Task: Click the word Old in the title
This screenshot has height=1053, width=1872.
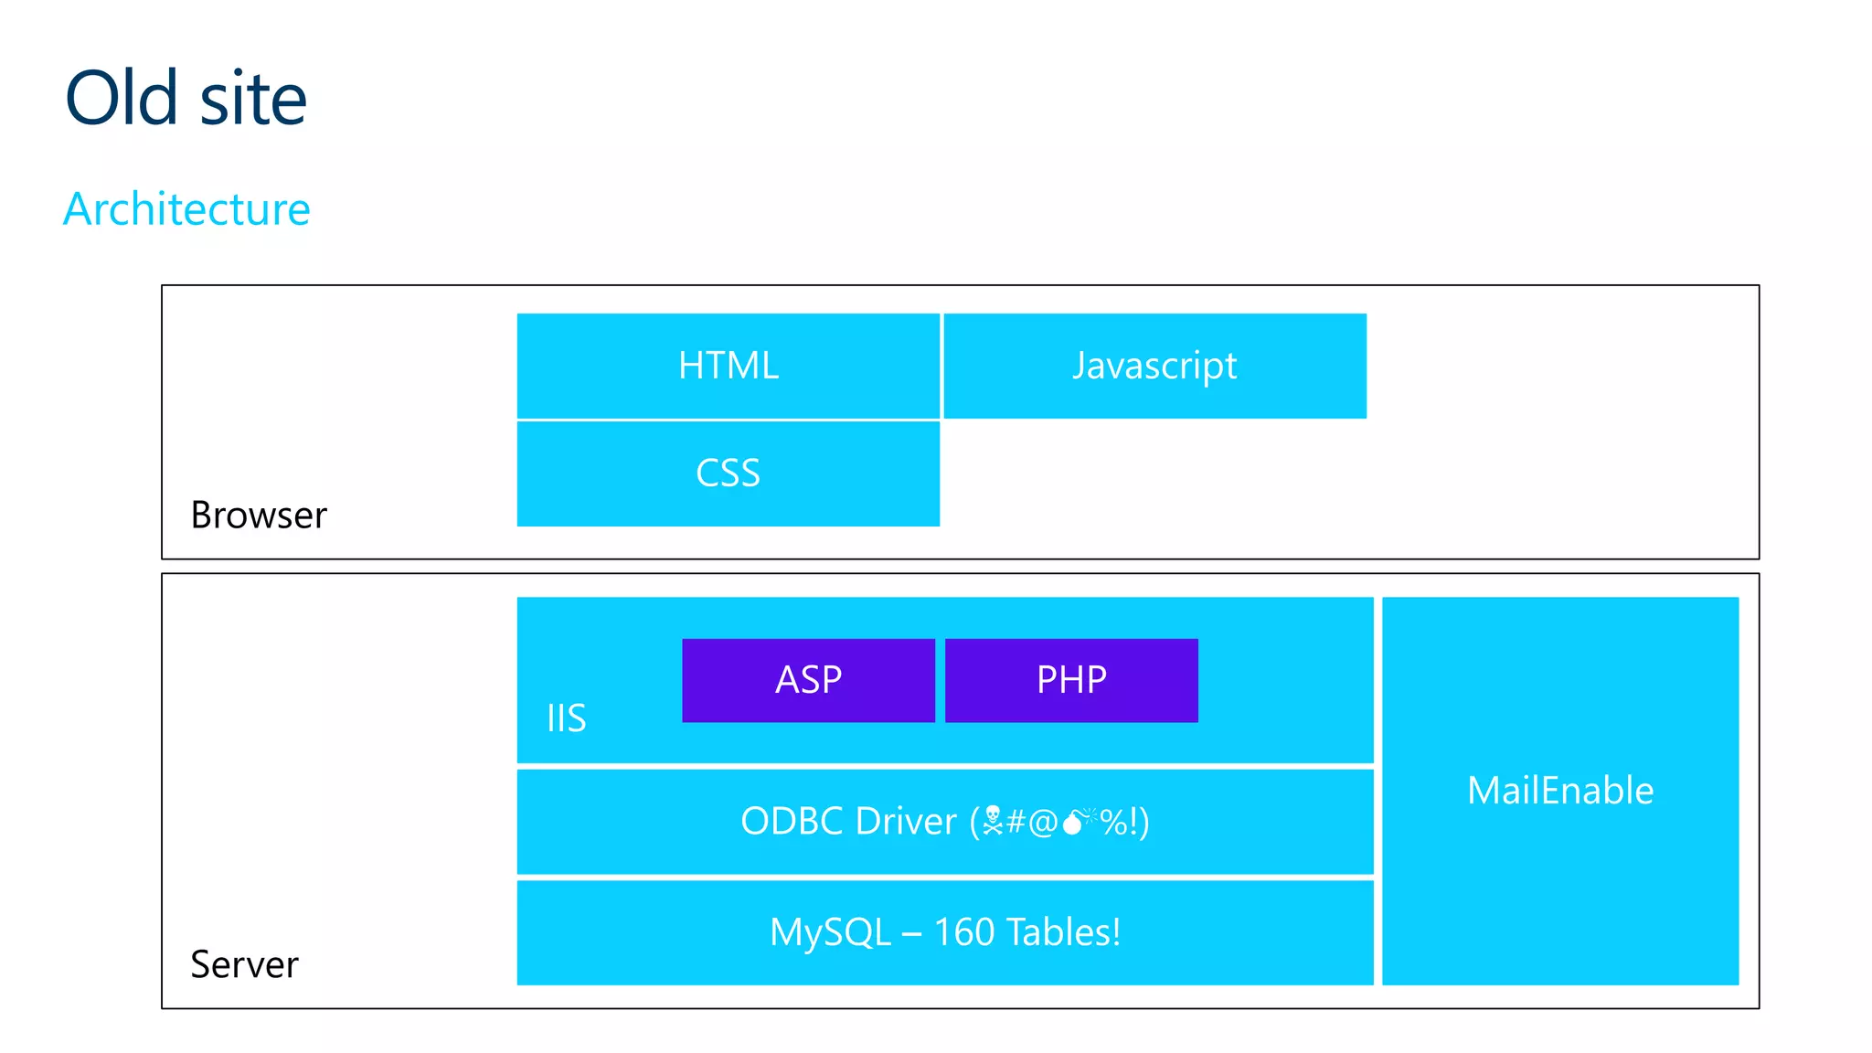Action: point(122,98)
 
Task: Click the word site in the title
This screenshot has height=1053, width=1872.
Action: point(253,100)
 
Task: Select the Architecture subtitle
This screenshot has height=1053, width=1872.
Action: point(186,209)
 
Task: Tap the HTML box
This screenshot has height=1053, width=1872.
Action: point(729,366)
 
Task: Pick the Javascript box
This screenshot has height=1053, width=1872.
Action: point(1154,366)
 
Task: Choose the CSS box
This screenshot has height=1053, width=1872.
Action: point(729,473)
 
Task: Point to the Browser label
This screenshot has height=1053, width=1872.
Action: point(259,516)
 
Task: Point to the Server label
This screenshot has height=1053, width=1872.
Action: point(244,965)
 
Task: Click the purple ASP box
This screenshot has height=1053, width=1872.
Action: point(808,680)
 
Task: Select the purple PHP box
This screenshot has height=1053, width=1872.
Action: point(1071,680)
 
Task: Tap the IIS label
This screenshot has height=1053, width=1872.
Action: point(566,718)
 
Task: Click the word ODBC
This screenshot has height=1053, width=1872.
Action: point(792,822)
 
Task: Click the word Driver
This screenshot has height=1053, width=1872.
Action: point(906,822)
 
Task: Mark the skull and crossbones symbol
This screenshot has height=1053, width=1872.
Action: point(993,822)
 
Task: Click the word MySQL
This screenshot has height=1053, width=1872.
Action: point(830,933)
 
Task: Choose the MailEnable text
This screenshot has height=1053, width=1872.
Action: point(1560,791)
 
